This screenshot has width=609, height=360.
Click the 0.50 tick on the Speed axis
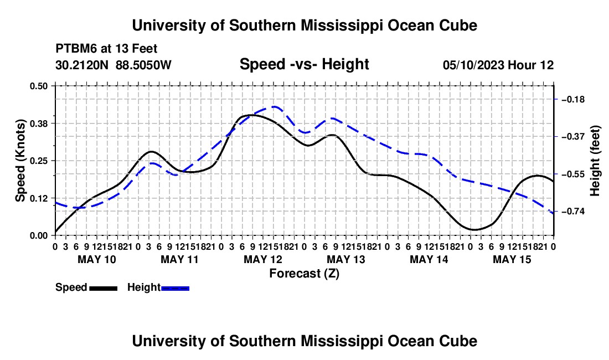coord(38,86)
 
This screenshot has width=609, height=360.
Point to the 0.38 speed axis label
coord(38,124)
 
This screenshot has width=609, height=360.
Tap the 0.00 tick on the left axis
coord(38,236)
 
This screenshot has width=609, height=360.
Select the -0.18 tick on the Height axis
coord(573,100)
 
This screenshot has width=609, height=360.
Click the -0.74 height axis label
coord(573,211)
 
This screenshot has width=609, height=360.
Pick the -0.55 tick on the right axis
coord(573,174)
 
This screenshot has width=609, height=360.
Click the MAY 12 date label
coord(263,259)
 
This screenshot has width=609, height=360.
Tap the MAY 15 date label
coord(512,259)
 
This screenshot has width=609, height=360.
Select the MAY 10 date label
coord(97,259)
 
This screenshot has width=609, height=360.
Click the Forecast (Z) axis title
coord(304,274)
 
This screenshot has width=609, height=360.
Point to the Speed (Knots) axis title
coord(20,161)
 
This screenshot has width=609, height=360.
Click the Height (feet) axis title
coord(595,161)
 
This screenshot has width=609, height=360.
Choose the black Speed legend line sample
coord(104,288)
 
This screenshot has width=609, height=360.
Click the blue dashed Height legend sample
coord(175,288)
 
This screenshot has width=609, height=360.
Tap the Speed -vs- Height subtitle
coord(304,64)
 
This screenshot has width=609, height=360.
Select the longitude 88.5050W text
coord(143,65)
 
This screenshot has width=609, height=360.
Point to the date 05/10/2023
coord(473,65)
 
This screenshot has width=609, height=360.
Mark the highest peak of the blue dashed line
coord(275,106)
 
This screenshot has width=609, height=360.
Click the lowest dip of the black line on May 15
coord(474,229)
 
